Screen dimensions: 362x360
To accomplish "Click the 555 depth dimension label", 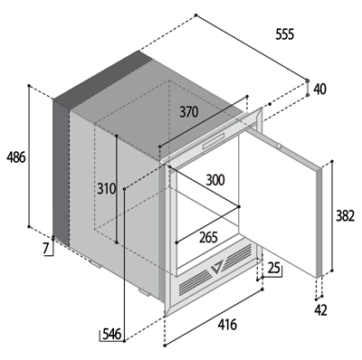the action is (284, 34).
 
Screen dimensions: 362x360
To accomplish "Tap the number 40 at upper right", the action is (319, 90).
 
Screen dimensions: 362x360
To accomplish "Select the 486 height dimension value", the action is (16, 157).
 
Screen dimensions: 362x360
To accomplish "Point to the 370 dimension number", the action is (189, 112).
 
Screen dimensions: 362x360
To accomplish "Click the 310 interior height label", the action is (107, 189).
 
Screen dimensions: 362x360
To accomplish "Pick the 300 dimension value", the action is (215, 180).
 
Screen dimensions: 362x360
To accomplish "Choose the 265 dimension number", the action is (208, 238).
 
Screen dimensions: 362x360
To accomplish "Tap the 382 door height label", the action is (345, 215).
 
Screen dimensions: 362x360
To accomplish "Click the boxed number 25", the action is (274, 268).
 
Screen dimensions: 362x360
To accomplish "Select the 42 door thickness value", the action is (320, 310).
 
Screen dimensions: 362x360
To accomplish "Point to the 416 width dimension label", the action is (227, 325).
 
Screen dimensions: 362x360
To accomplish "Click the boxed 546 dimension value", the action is (111, 334).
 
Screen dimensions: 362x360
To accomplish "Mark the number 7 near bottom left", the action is (45, 249).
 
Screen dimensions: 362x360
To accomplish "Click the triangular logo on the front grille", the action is (216, 266).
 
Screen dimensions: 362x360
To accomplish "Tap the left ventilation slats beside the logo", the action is (195, 282).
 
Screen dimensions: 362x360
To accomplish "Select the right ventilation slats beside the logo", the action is (238, 255).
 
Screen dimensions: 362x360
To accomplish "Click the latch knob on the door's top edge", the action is (280, 147).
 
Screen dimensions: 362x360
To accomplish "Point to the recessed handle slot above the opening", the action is (214, 141).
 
